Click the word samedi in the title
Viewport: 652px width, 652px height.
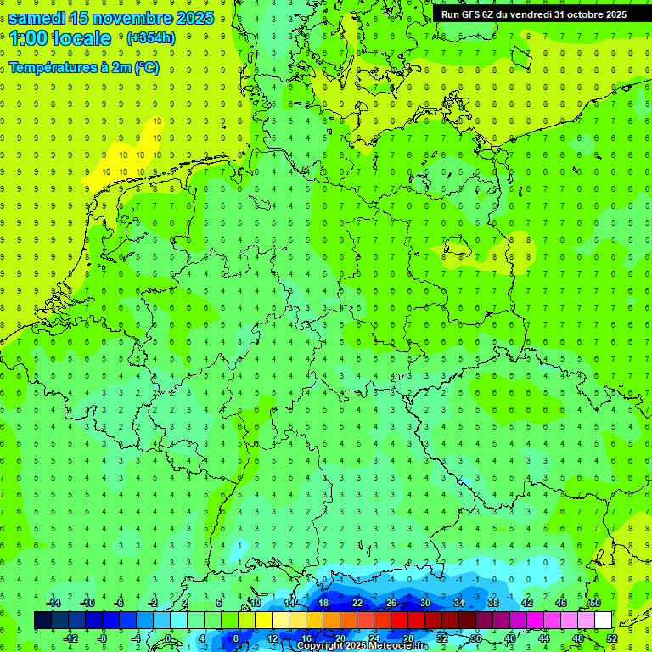[39, 17]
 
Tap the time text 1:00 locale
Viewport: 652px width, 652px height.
[60, 38]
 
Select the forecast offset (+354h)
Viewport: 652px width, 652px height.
[150, 38]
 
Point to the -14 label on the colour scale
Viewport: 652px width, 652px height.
[55, 603]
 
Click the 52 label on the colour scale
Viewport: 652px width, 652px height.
[612, 638]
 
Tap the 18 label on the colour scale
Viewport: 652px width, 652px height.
[323, 603]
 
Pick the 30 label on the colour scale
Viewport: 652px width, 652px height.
[424, 603]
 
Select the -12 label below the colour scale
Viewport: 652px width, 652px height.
[71, 638]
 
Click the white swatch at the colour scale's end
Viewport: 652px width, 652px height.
[603, 621]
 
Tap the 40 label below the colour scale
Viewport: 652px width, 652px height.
[509, 638]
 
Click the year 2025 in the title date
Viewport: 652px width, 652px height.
[194, 17]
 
